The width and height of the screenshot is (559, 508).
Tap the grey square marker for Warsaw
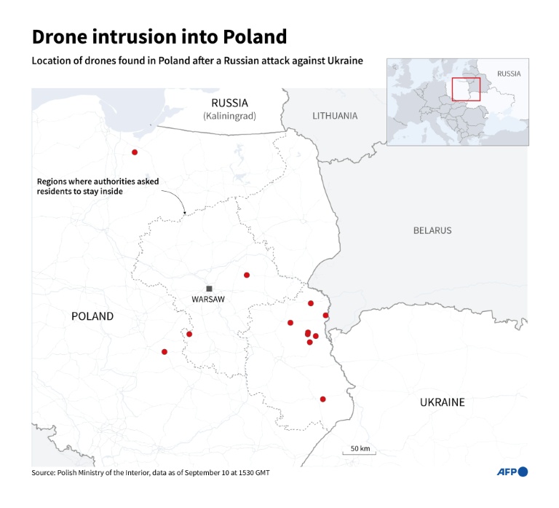tap(209, 289)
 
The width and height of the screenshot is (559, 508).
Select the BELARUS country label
tap(432, 230)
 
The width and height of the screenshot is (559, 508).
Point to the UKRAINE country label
tap(442, 402)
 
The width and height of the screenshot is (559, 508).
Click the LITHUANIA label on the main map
tap(335, 116)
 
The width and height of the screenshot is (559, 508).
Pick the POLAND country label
tap(92, 316)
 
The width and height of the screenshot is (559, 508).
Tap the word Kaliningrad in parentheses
tap(229, 116)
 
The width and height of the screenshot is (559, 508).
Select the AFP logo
tap(512, 472)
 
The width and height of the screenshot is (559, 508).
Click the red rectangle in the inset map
tap(466, 89)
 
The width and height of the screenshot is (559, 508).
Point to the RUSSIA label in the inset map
tap(509, 74)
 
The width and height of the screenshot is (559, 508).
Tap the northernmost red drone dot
tap(135, 152)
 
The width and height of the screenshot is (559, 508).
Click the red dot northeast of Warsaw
tap(247, 275)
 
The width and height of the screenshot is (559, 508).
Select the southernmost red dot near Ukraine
tap(322, 399)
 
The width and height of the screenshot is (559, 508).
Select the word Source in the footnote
tap(44, 473)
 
